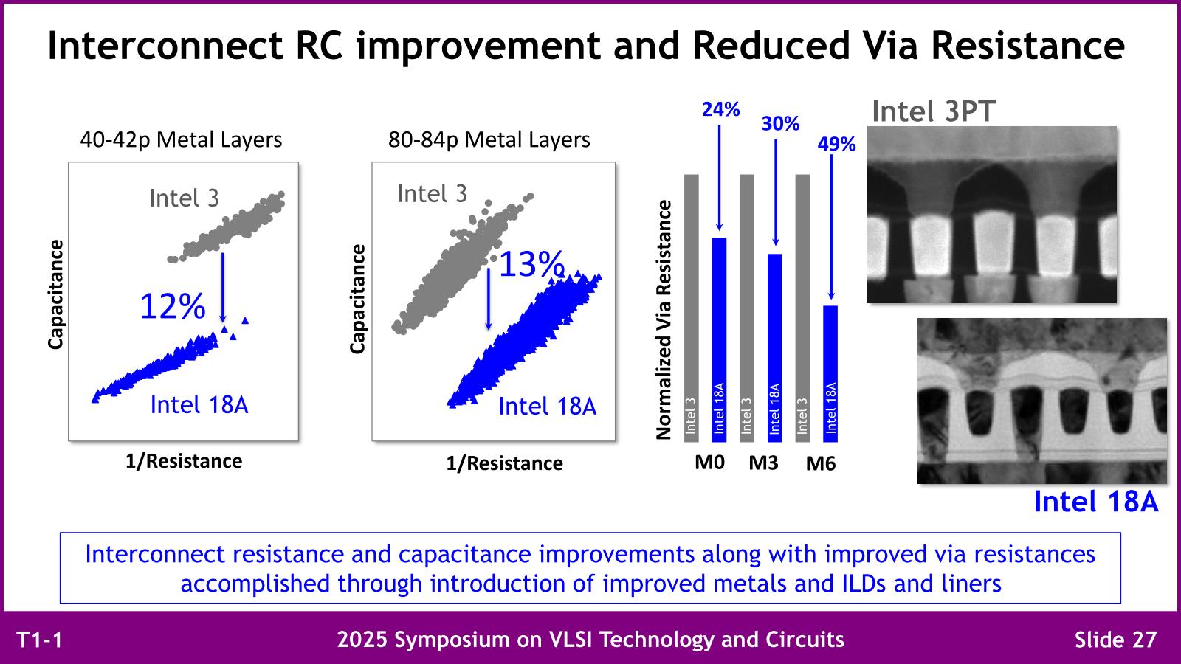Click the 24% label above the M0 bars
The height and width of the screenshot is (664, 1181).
pyautogui.click(x=720, y=110)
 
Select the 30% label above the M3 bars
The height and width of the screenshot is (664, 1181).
pyautogui.click(x=780, y=124)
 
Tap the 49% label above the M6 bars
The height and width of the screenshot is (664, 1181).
pyautogui.click(x=836, y=145)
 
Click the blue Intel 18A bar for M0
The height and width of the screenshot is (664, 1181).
pyautogui.click(x=719, y=339)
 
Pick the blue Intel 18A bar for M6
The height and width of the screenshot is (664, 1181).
pyautogui.click(x=830, y=373)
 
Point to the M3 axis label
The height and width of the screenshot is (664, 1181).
pyautogui.click(x=763, y=463)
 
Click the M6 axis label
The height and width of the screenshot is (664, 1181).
pyautogui.click(x=820, y=464)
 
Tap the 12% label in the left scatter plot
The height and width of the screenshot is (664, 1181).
pyautogui.click(x=172, y=306)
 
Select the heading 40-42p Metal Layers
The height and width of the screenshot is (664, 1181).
pyautogui.click(x=181, y=139)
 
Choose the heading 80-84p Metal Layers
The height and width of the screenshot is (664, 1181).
pyautogui.click(x=489, y=139)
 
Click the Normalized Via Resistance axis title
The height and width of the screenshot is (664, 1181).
pyautogui.click(x=664, y=319)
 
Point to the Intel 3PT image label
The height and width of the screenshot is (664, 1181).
pyautogui.click(x=933, y=111)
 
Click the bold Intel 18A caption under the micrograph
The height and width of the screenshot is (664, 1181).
pyautogui.click(x=1095, y=502)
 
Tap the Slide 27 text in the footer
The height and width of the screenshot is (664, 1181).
pyautogui.click(x=1115, y=639)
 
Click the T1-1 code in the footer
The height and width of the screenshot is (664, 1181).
pyautogui.click(x=39, y=640)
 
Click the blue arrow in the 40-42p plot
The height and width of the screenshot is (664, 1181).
pyautogui.click(x=222, y=288)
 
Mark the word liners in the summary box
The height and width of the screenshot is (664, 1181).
pyautogui.click(x=971, y=584)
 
